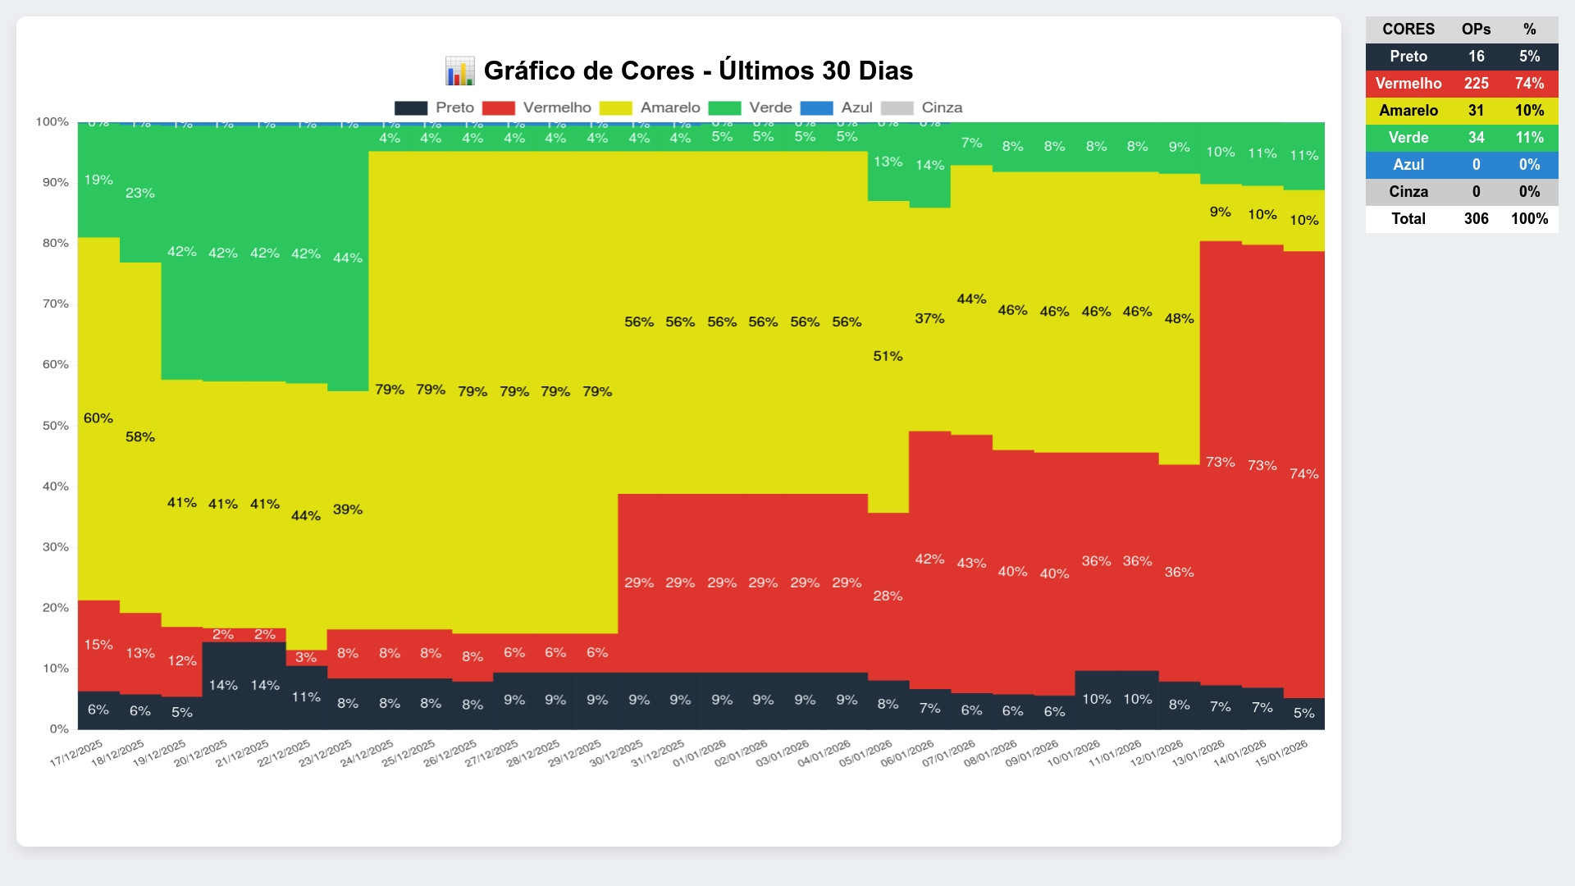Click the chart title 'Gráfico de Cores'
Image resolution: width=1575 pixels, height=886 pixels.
(x=697, y=71)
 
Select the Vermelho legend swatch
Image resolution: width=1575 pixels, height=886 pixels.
(x=499, y=108)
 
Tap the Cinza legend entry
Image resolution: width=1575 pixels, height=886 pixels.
(x=941, y=107)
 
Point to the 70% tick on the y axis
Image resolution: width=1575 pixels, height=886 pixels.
(x=55, y=304)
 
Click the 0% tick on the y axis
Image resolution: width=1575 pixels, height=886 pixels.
(x=59, y=728)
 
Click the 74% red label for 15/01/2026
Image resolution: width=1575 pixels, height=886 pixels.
(x=1303, y=474)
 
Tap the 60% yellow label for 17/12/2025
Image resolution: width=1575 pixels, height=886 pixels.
(x=98, y=418)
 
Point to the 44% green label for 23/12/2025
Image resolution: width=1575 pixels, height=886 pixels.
(x=347, y=258)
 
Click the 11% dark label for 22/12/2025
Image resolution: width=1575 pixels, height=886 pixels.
(x=306, y=697)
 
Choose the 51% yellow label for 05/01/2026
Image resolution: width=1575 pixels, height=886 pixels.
(x=888, y=356)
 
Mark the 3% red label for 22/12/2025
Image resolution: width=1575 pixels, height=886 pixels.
(x=306, y=657)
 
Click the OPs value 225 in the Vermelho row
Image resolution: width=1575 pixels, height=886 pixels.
(x=1476, y=84)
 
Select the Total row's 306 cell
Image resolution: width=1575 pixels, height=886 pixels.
(x=1476, y=219)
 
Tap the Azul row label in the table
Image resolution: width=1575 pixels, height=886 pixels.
(x=1408, y=165)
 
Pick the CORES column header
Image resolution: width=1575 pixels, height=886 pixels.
(x=1408, y=30)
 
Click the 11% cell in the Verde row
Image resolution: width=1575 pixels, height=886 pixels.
(x=1529, y=138)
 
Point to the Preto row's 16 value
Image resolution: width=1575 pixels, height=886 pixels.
(x=1476, y=57)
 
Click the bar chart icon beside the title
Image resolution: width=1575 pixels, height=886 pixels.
(x=459, y=71)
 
